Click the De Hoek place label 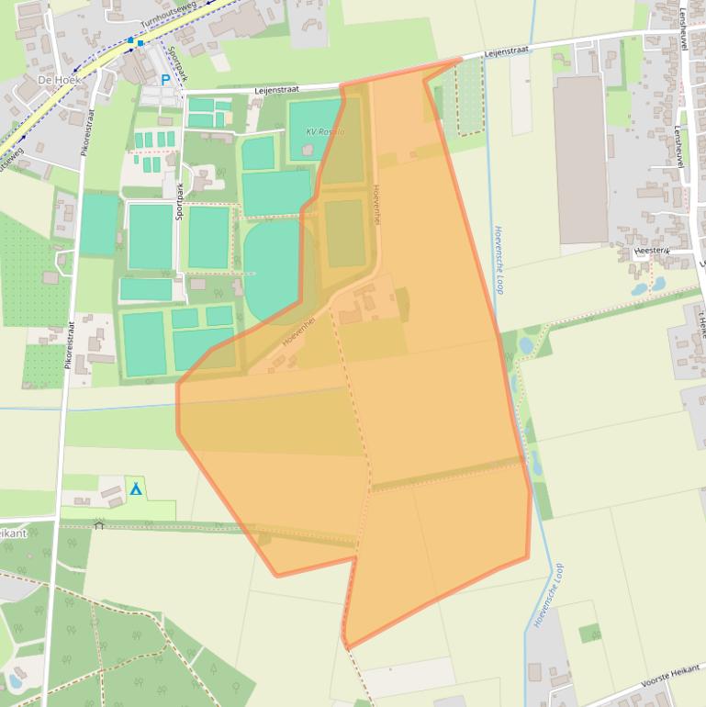(x=59, y=80)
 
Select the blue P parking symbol (x=166, y=80)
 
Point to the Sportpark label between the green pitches (x=180, y=199)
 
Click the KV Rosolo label (x=325, y=132)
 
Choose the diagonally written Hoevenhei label (x=299, y=331)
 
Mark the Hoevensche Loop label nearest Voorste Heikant (x=548, y=596)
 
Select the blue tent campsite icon (x=136, y=488)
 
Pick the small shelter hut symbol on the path (x=99, y=524)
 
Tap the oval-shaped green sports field (x=273, y=271)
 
